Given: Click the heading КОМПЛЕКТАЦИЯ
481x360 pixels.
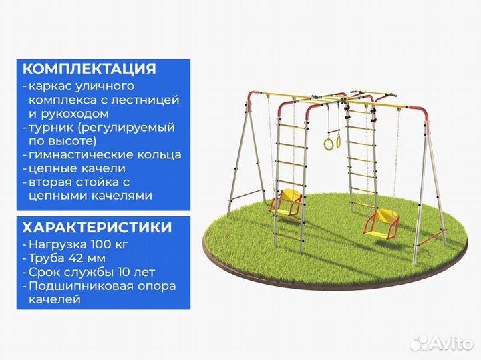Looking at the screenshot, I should click(x=90, y=69).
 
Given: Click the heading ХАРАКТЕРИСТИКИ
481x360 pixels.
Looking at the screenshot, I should click(x=98, y=227).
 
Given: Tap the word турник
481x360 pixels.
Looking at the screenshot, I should click(x=52, y=127).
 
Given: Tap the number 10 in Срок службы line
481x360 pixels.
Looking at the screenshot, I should click(x=114, y=272).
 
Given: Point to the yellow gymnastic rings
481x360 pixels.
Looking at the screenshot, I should click(x=332, y=142).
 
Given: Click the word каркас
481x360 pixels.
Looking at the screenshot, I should click(x=49, y=86).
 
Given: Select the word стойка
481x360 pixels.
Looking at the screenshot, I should click(x=113, y=182).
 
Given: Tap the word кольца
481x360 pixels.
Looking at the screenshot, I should click(x=158, y=155).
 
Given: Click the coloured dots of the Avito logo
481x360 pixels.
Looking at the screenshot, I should click(x=418, y=343).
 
